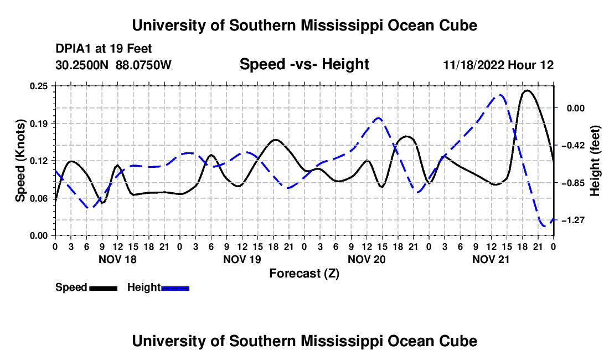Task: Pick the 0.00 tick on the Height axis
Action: (576, 108)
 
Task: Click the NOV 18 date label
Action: (118, 259)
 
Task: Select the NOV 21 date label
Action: (491, 259)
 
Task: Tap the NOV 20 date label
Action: (367, 259)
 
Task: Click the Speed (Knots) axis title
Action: (20, 161)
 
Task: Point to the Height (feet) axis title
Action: (595, 161)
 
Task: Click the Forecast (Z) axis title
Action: (304, 274)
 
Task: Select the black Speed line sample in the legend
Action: (104, 288)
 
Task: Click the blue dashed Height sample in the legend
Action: (175, 288)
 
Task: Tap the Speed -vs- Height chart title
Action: (304, 64)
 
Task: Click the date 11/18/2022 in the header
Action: (473, 65)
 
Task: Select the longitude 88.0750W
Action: (143, 65)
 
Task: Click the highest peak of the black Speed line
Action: (527, 90)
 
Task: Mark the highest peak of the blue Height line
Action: (500, 95)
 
